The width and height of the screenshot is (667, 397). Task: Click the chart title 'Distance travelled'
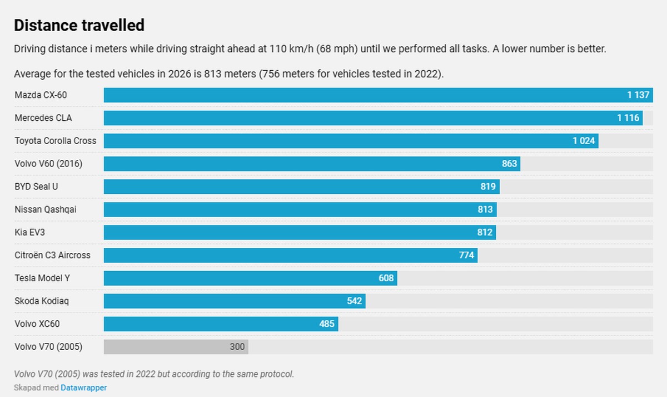79,25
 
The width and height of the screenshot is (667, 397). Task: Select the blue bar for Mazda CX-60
378,95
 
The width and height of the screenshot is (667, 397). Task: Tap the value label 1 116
628,118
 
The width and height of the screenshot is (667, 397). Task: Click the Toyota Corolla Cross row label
56,141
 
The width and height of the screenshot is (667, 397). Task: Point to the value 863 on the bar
509,164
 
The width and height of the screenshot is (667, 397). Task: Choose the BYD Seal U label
36,187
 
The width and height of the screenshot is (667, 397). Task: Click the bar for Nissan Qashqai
300,209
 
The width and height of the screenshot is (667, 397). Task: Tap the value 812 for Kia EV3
485,232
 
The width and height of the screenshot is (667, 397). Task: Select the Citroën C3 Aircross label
52,256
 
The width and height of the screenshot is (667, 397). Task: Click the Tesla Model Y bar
251,278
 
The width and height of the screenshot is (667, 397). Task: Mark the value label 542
355,301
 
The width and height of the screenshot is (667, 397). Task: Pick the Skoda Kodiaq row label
42,301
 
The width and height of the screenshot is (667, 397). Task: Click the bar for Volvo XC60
221,324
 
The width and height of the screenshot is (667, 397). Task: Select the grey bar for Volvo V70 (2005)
176,347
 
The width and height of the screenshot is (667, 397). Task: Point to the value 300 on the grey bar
237,347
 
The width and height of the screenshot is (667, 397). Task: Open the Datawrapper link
84,388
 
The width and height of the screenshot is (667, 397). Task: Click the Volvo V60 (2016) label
48,164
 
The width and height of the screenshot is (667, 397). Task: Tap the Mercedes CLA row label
43,118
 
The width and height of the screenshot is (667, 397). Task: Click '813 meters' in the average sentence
230,73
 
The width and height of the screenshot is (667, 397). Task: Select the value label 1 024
584,141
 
